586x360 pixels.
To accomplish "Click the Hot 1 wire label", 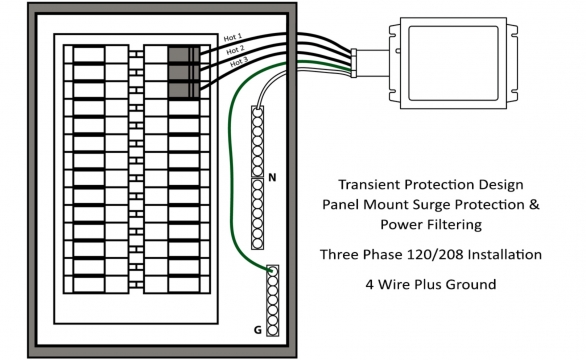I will click(x=234, y=38).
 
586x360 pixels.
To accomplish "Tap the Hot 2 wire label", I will click(x=234, y=50).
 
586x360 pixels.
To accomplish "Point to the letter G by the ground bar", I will click(x=259, y=328).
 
